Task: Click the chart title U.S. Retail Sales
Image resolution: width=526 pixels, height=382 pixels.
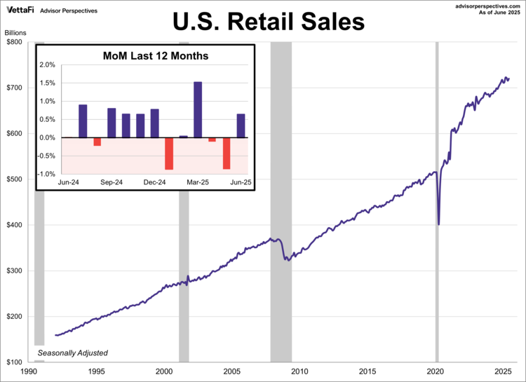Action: tap(269, 22)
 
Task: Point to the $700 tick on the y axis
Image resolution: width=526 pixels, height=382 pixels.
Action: tap(13, 88)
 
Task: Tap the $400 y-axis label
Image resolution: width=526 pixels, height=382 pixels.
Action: tap(13, 225)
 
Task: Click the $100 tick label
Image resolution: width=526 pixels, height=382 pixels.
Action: tap(13, 362)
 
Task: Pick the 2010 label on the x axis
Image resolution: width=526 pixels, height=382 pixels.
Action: tap(299, 372)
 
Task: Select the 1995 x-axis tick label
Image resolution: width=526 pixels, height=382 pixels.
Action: tap(96, 372)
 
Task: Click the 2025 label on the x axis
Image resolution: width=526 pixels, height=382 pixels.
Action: tap(502, 372)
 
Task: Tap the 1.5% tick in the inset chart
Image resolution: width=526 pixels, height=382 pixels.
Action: tap(46, 83)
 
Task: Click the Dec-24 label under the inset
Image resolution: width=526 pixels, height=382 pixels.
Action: tap(154, 182)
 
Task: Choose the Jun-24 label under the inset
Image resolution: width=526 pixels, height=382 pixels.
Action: tap(68, 182)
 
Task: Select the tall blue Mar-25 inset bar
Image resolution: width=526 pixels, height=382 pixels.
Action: tap(198, 109)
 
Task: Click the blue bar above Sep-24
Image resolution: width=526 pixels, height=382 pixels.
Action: tap(112, 123)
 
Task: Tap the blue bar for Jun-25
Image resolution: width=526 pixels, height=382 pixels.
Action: tap(241, 125)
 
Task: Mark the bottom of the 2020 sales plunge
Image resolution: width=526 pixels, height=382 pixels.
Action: tap(438, 224)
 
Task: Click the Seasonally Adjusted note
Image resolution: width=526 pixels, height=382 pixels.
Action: tap(73, 353)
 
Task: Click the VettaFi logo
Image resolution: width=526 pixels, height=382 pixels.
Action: tap(20, 11)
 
